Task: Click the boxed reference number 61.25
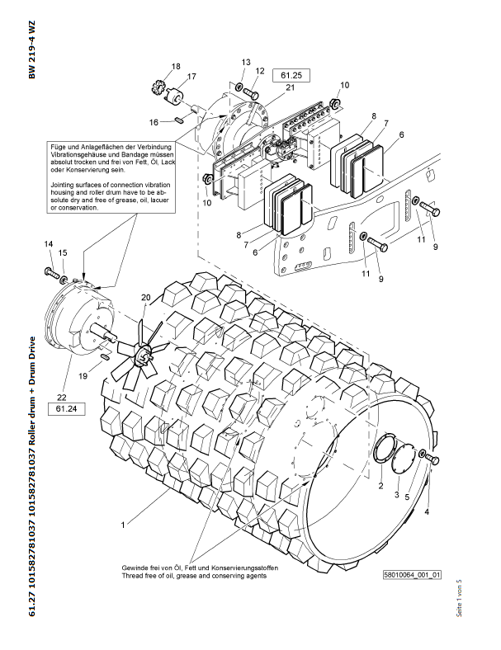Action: click(291, 75)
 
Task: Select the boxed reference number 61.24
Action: click(66, 409)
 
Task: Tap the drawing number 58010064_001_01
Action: click(412, 575)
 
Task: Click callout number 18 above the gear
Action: click(176, 66)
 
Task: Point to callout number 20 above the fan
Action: click(146, 297)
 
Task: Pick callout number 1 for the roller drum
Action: click(123, 525)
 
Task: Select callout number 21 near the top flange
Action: click(291, 87)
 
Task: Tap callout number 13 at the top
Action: click(246, 62)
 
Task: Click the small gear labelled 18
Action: click(158, 88)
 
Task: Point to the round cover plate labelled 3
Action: click(403, 458)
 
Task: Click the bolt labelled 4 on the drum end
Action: click(432, 459)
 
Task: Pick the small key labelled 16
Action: click(179, 120)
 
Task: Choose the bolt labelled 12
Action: click(251, 93)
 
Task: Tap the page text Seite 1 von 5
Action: click(459, 598)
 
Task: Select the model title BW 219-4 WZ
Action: click(32, 49)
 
